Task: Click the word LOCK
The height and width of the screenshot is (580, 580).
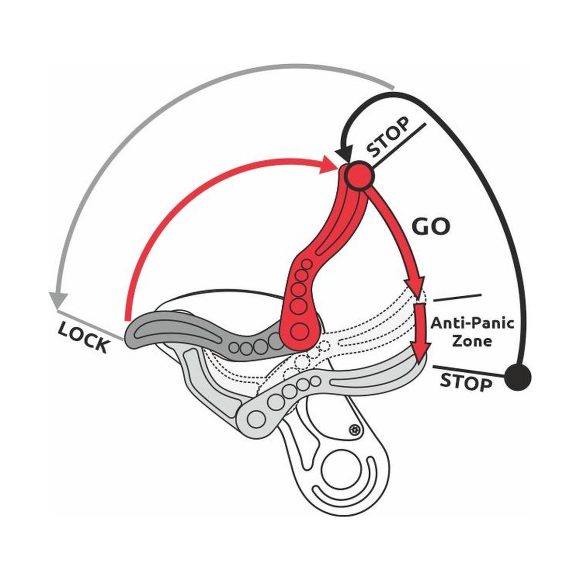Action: pos(83,337)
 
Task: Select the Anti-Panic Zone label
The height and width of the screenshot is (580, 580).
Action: pos(472,332)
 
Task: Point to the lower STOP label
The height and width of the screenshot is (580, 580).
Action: pos(466,382)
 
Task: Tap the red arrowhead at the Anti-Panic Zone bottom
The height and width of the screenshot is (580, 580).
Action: pos(419,351)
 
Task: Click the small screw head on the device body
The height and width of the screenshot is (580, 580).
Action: pos(357,429)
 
